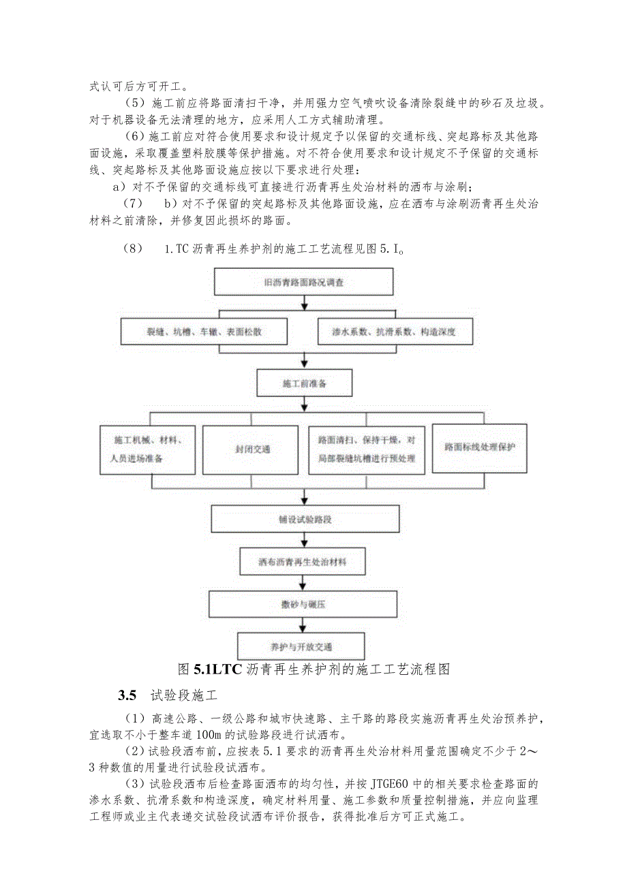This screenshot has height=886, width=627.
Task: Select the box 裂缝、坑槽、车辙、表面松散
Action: coord(204,332)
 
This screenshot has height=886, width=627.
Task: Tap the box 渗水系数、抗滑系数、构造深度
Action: coord(395,332)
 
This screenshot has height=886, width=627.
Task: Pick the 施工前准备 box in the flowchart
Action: coord(304,383)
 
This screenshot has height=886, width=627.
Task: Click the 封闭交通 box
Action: coord(251,449)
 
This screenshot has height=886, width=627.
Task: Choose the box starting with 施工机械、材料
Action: coord(149,449)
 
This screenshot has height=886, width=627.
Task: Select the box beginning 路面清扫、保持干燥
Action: coord(367,449)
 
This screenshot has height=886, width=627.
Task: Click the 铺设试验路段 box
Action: coord(304,519)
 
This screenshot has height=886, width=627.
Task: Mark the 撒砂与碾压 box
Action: coord(303,604)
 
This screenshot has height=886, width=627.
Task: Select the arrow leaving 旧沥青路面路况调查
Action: coord(303,302)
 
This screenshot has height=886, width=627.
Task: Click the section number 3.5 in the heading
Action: coord(127,695)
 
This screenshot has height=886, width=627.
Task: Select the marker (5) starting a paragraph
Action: coord(135,104)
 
